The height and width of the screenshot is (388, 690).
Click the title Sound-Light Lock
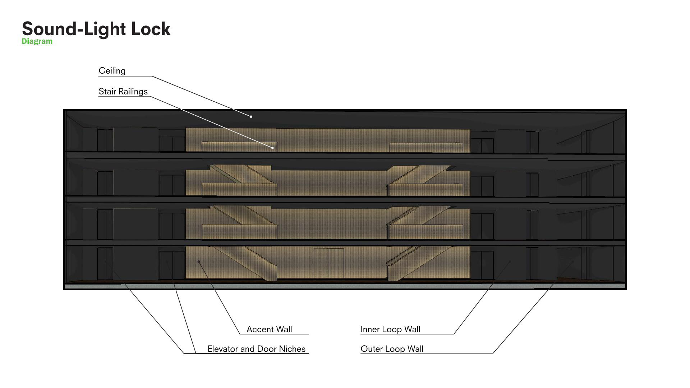tap(96, 29)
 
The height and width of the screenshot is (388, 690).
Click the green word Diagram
tap(37, 41)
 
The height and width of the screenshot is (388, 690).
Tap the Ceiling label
tap(112, 71)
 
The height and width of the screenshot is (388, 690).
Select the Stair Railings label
tap(123, 92)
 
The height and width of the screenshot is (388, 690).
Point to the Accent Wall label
tap(269, 329)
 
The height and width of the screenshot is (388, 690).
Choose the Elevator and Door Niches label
tap(256, 349)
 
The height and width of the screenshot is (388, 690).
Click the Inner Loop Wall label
tap(390, 329)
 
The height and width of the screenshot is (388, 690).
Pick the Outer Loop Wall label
tap(392, 349)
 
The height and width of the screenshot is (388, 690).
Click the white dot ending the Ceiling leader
tap(251, 117)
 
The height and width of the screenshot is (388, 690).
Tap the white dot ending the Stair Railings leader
tap(273, 148)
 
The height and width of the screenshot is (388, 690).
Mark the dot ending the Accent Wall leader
tap(199, 262)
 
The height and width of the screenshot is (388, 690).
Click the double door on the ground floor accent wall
tap(329, 263)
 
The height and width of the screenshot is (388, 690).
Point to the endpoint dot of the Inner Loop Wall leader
tap(510, 262)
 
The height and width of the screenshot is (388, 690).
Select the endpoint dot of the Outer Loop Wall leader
tap(573, 262)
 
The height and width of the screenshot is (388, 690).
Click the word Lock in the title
tap(151, 29)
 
